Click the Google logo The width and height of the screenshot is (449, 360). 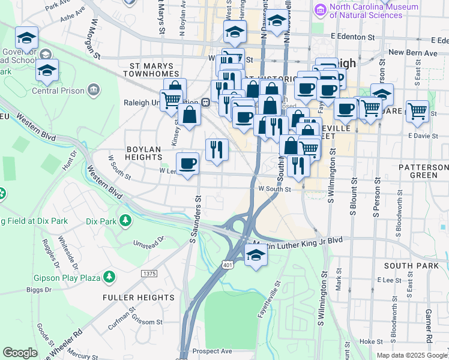[x=20, y=353]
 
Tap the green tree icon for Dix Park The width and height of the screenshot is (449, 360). [x=125, y=221]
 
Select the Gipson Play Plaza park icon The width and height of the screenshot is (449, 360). [x=109, y=276]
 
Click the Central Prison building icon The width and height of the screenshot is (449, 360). [x=93, y=91]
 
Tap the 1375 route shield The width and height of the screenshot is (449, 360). [x=149, y=274]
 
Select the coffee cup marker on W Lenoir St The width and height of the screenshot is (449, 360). [x=187, y=163]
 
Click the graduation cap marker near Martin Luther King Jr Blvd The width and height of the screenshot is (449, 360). [x=256, y=256]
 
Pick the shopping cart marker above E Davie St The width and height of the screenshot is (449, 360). [x=417, y=110]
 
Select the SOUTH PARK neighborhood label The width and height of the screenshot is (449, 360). [x=411, y=265]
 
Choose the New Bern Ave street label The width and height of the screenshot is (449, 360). [x=414, y=52]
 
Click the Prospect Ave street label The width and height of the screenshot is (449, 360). [x=212, y=351]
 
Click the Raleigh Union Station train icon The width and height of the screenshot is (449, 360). [x=205, y=102]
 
